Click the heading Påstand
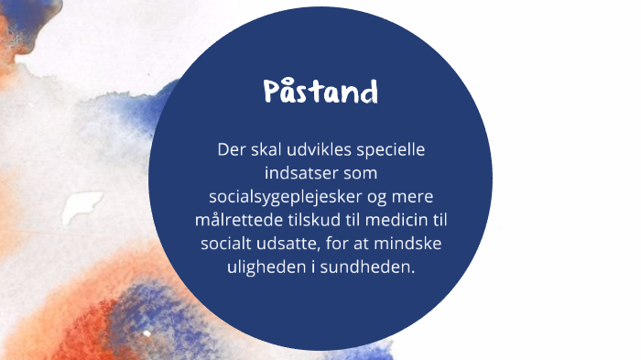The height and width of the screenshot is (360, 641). coord(320,93)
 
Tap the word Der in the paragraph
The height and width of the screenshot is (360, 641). coord(231,148)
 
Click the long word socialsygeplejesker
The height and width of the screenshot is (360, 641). coord(286,197)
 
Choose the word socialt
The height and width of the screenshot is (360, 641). coord(227,245)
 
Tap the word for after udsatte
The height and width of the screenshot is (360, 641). coord(339,245)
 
